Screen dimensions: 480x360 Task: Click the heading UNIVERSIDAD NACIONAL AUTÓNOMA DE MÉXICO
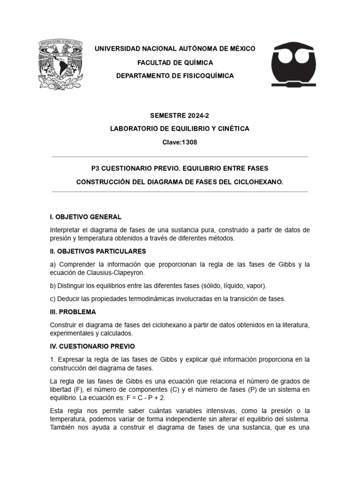pyautogui.click(x=175, y=49)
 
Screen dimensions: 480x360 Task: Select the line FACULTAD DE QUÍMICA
pyautogui.click(x=175, y=62)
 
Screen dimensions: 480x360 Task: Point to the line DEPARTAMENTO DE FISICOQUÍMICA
pyautogui.click(x=175, y=76)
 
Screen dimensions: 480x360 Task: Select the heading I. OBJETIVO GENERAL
pyautogui.click(x=85, y=217)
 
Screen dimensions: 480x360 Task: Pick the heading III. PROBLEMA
pyautogui.click(x=73, y=312)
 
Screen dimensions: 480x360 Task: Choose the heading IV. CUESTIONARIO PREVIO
pyautogui.click(x=92, y=346)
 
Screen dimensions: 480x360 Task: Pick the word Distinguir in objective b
pyautogui.click(x=73, y=285)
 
